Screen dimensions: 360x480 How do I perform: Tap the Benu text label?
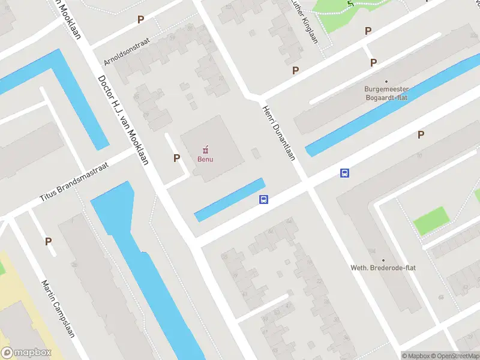[206, 159]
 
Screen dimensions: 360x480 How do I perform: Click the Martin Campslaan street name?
[58, 308]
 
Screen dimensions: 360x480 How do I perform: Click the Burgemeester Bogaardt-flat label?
[386, 93]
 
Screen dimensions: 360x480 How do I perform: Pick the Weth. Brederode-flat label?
[383, 268]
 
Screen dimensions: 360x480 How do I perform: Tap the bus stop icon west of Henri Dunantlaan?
[263, 200]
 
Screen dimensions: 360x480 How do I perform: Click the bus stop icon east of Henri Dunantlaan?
[345, 173]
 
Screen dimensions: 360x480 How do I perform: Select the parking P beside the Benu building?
[176, 158]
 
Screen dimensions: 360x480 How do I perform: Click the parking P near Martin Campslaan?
[48, 241]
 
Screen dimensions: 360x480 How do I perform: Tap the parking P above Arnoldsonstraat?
[140, 19]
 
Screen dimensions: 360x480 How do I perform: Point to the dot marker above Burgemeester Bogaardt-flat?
[386, 81]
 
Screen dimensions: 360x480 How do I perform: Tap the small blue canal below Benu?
[230, 199]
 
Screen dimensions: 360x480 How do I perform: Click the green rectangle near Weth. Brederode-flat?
[431, 221]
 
